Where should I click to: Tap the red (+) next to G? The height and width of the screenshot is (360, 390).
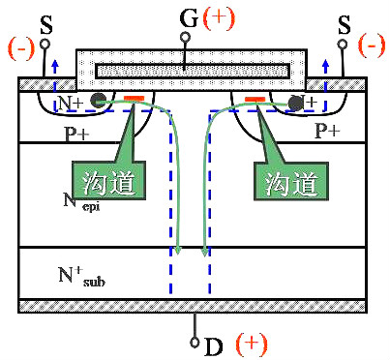214,17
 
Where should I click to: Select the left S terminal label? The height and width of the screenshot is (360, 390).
45,20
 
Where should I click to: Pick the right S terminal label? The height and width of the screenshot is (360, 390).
344,20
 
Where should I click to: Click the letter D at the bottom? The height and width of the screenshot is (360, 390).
213,344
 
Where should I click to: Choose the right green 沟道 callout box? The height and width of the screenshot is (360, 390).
286,178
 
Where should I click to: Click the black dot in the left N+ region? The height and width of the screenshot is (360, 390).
98,101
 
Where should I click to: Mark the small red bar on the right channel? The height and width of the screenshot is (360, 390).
255,99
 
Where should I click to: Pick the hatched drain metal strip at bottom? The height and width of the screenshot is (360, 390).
193,306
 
